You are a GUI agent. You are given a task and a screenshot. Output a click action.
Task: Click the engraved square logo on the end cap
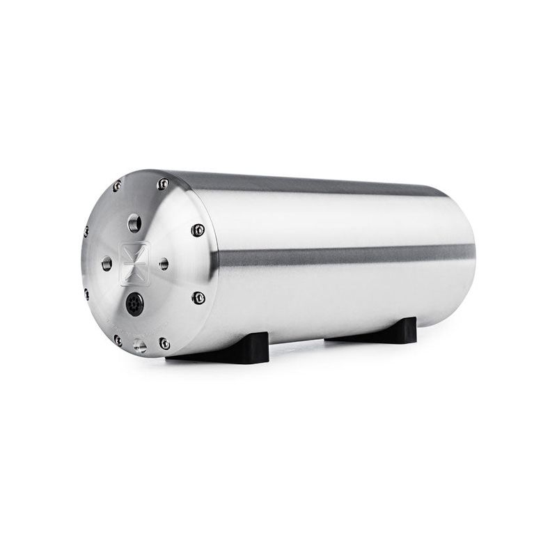coord(134,263)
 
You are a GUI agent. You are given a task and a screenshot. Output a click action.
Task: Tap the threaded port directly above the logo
coord(135,223)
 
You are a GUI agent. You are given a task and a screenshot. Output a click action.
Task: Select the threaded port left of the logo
coord(107,263)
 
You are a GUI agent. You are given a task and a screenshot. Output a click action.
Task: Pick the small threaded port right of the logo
coord(164,264)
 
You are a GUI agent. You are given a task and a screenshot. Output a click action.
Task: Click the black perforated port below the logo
coord(134,304)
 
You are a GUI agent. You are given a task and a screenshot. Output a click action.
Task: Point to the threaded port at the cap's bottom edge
coord(140,346)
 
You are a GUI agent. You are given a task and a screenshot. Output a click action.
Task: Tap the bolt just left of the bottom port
coord(118,340)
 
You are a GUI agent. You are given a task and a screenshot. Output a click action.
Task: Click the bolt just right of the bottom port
coord(164,343)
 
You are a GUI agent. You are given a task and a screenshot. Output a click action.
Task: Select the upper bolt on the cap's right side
coord(198,230)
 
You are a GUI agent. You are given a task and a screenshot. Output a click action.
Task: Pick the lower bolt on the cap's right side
coord(198,298)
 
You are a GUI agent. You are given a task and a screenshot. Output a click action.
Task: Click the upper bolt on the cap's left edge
coord(86,231)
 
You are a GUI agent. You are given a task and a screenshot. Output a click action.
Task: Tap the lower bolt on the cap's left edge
coord(86,293)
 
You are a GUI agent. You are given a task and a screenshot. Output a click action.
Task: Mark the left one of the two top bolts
coord(116,186)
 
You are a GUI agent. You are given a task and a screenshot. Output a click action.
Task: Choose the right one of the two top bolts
coord(163,184)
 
